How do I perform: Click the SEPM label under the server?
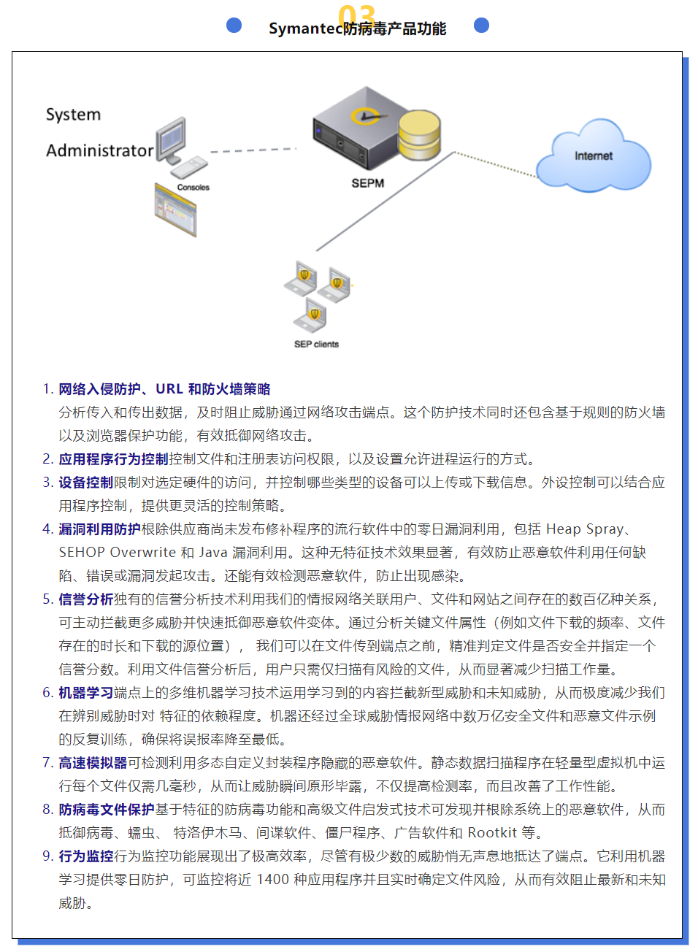tap(368, 183)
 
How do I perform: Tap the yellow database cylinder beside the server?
tap(419, 135)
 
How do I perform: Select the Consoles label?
tap(193, 187)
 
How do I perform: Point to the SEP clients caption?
tap(316, 344)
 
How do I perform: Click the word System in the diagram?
tap(73, 115)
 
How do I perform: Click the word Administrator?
tap(100, 150)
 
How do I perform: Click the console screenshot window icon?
tap(175, 210)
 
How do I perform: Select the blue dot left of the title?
tap(234, 25)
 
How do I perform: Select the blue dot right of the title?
tap(481, 25)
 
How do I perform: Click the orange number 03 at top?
tap(356, 15)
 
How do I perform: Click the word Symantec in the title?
tap(306, 28)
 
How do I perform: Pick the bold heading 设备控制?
tap(86, 482)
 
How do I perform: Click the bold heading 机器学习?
tap(86, 692)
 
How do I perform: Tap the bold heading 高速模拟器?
tap(93, 762)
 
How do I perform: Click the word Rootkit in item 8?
tap(492, 832)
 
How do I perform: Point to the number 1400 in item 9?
tap(273, 879)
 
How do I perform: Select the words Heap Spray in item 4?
tap(585, 529)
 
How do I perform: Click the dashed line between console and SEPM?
tap(253, 150)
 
